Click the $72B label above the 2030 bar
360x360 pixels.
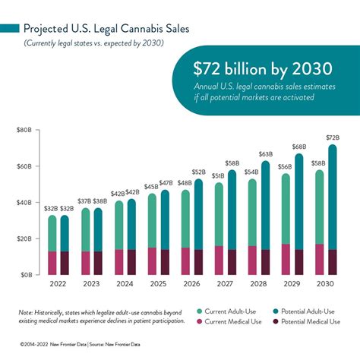332,137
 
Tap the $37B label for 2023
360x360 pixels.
84,201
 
